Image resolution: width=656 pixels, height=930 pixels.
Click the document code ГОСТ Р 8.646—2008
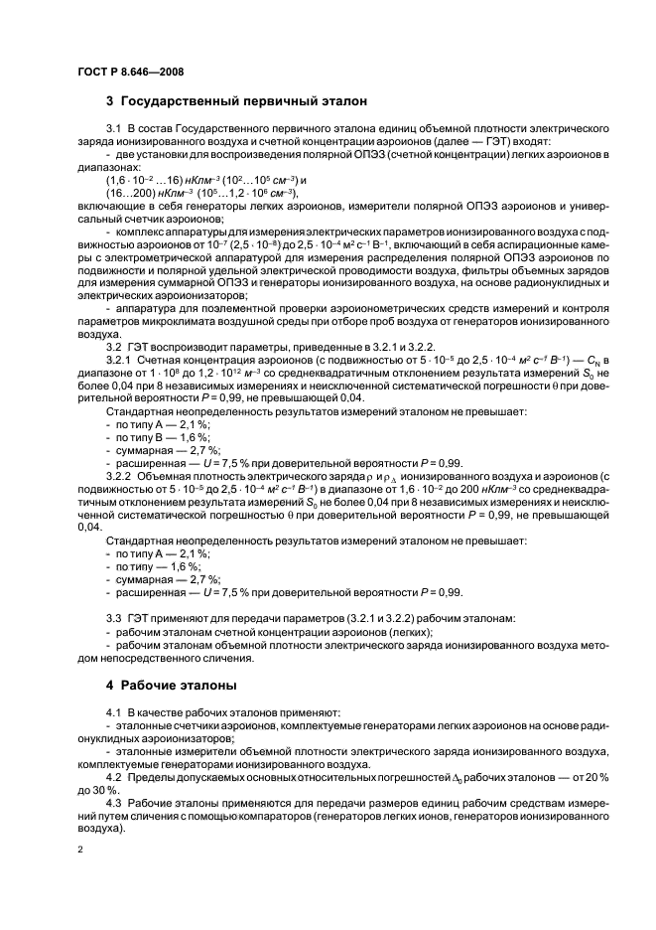128,71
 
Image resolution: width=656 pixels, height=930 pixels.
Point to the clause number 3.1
112,129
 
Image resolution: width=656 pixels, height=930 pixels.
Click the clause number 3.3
112,618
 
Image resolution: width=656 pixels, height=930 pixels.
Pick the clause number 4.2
112,775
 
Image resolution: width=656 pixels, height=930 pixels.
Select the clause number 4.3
112,801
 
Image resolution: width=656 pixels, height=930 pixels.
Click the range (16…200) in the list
137,193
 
